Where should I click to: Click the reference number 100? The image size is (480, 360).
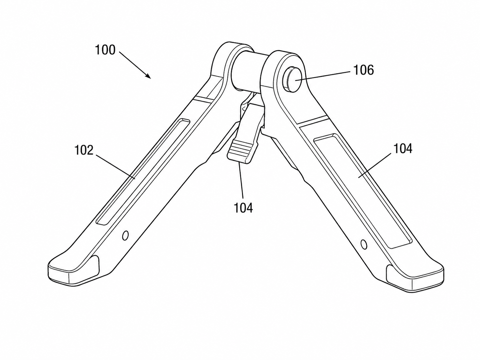105,50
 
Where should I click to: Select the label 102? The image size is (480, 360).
84,150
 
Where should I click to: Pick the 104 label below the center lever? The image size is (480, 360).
243,208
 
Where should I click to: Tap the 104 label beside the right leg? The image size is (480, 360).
403,149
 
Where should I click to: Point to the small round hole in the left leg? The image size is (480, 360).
125,235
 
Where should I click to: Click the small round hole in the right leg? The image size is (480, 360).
364,244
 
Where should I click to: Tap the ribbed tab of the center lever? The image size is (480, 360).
242,151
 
